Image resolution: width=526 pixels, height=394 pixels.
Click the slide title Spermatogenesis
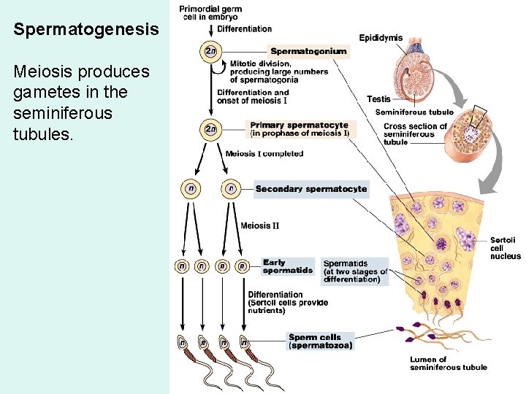coord(85,30)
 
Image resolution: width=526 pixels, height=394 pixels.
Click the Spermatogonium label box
coord(308,52)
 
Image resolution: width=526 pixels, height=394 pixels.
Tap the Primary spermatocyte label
coord(300,129)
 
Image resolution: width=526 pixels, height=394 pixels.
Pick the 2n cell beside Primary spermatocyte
coord(210,129)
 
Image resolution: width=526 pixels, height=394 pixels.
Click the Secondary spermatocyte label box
coord(311,189)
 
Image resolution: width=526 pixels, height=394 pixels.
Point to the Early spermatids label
coord(288,266)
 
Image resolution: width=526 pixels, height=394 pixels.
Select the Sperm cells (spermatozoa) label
coord(321,341)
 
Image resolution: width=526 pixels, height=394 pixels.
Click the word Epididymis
coord(381,38)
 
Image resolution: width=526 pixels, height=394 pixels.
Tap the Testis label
coord(378,99)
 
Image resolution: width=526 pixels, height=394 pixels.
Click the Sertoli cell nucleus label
coord(506,248)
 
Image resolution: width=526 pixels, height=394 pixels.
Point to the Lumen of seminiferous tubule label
coord(448,363)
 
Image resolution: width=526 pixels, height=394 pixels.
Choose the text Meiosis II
coord(259,225)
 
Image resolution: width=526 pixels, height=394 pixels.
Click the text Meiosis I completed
coord(264,154)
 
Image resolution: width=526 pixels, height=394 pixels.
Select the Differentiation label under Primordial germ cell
coord(245,29)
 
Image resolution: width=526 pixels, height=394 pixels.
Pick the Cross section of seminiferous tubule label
coord(415,134)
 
